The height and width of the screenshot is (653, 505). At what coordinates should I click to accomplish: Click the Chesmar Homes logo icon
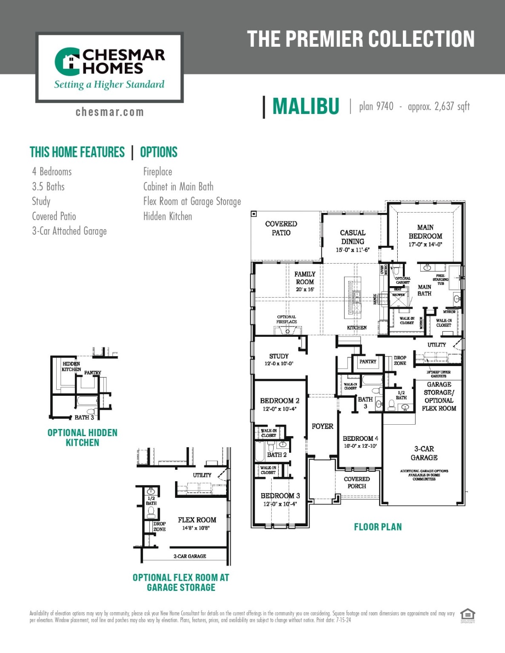tap(67, 61)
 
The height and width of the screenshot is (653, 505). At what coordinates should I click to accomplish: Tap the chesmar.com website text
tap(109, 112)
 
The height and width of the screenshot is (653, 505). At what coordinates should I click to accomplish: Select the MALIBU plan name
tap(306, 106)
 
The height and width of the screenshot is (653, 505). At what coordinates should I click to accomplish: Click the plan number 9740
tap(384, 106)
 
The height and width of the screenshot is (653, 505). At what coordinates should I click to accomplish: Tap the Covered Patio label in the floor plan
tap(281, 228)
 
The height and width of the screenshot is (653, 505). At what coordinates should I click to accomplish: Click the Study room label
tap(279, 356)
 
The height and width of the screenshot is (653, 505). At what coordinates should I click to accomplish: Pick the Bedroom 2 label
tap(279, 401)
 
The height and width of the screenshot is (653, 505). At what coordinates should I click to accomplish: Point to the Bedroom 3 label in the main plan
tap(280, 496)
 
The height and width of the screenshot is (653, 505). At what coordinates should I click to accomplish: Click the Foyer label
tap(322, 426)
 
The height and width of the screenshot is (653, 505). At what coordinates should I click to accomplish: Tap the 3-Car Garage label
tap(424, 453)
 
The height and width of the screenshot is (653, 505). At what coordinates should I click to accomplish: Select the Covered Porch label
tap(357, 483)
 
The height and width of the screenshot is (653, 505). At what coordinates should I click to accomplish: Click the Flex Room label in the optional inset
tap(197, 520)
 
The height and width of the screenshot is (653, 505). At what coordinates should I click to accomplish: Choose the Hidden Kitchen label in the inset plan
tap(71, 366)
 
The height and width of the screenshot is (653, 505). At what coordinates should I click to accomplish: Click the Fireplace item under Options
tap(158, 172)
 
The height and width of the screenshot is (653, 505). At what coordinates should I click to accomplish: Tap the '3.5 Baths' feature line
tap(48, 187)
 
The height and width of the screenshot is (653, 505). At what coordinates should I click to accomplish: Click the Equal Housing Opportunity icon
tap(468, 615)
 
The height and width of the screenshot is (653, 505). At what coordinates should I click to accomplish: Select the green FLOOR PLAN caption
tap(378, 527)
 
